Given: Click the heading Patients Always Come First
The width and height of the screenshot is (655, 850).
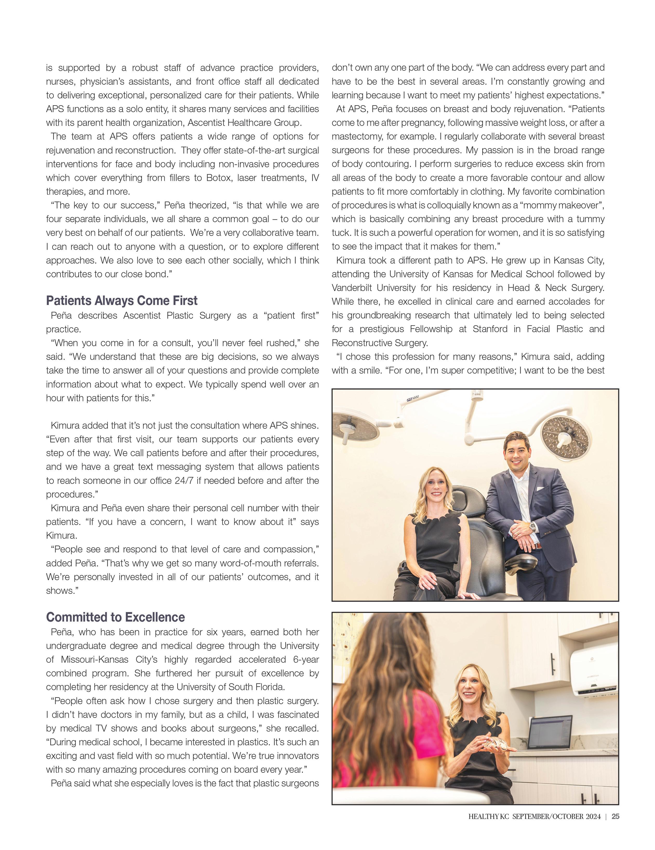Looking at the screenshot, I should [122, 301].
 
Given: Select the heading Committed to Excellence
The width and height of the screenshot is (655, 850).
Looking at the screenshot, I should [116, 617].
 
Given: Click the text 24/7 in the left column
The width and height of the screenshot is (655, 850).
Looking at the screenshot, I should [181, 481].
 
